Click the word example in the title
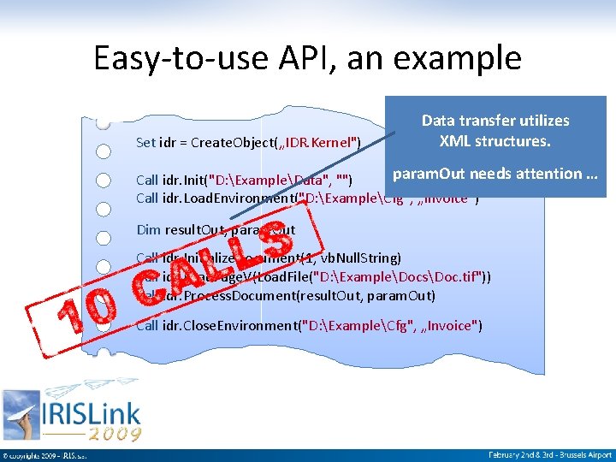click(469, 58)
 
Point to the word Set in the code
click(147, 141)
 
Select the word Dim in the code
click(148, 229)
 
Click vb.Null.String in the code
click(363, 258)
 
